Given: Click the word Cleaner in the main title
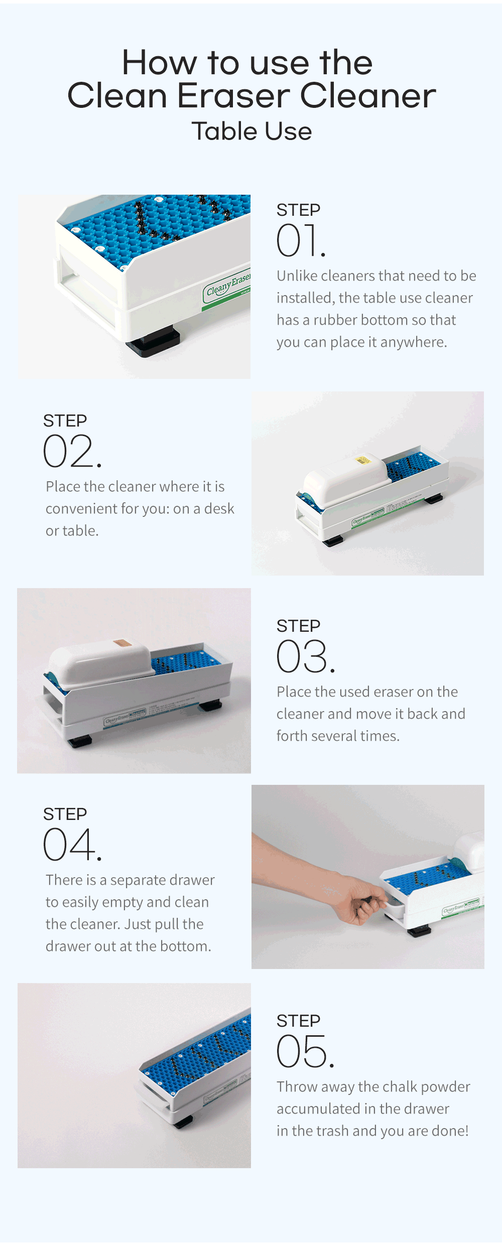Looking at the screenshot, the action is pos(368,95).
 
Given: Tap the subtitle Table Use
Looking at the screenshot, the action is pos(252,131).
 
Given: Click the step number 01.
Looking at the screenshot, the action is pos(301,240).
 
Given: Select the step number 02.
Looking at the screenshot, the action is pos(72,451).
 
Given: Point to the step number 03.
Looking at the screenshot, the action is pos(305,656).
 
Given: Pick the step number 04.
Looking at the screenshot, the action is pos(72,845).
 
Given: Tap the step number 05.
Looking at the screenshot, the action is pos(305,1051).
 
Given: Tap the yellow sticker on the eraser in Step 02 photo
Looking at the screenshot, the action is pos(362,460).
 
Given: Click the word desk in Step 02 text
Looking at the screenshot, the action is pos(219,508).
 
